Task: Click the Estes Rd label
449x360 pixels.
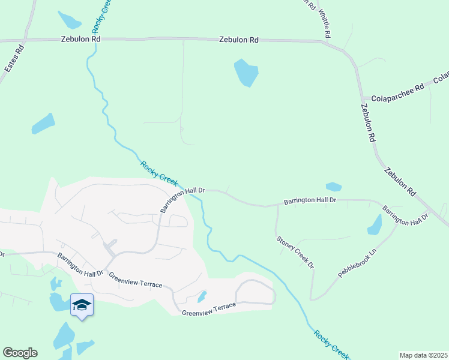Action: click(x=14, y=58)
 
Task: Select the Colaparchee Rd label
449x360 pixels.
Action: click(x=397, y=87)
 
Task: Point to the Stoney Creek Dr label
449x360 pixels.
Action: click(x=295, y=251)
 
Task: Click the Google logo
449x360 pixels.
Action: click(x=20, y=353)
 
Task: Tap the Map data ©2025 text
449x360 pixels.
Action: click(x=423, y=355)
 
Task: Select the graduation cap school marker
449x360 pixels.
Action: click(x=82, y=305)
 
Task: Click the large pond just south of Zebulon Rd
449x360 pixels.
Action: click(x=246, y=73)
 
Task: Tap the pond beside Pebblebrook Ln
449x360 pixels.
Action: click(x=375, y=225)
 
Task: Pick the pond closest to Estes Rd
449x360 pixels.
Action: click(x=43, y=124)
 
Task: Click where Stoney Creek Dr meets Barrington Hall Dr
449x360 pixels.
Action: click(x=277, y=206)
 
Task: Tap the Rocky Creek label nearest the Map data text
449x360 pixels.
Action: click(x=331, y=343)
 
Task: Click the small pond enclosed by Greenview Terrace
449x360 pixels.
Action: click(x=202, y=296)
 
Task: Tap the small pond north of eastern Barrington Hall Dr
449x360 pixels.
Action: click(x=333, y=187)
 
